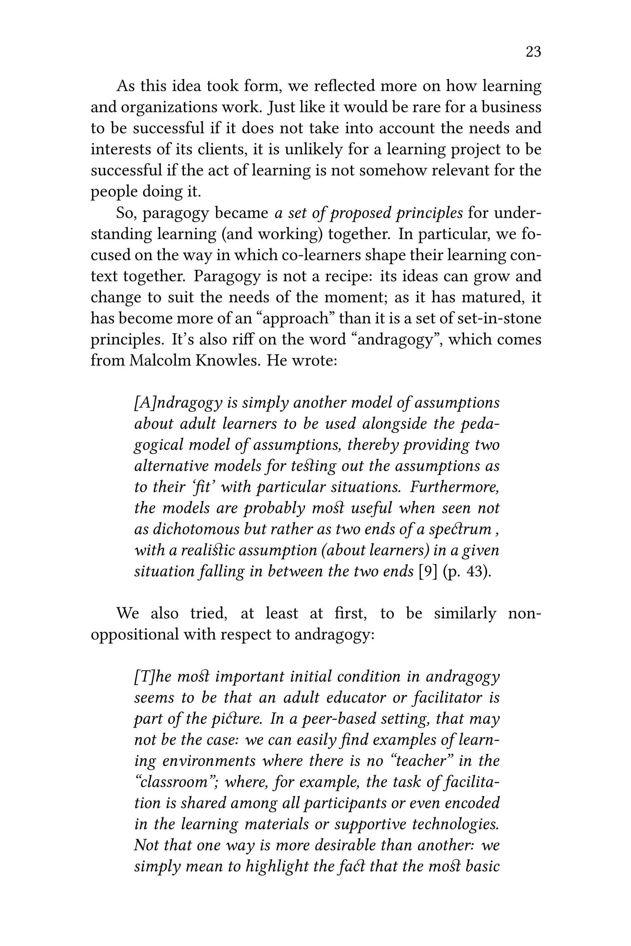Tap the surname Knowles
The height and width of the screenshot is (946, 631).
pyautogui.click(x=226, y=360)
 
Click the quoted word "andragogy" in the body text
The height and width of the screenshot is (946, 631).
pyautogui.click(x=397, y=339)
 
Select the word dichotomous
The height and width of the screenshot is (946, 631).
pyautogui.click(x=196, y=529)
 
